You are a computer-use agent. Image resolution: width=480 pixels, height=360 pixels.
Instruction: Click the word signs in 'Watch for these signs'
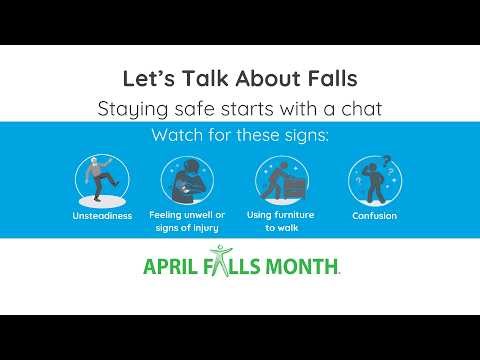coord(302,135)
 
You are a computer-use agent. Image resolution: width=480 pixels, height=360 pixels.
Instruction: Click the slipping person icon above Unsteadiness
coord(101,179)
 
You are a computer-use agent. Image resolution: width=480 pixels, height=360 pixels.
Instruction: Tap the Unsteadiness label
coord(101,215)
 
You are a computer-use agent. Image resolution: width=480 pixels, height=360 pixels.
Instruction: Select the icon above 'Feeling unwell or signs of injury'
coord(187,180)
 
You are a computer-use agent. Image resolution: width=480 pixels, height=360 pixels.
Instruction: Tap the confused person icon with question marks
coord(374,180)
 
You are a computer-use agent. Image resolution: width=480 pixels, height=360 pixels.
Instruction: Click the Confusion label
coord(374,215)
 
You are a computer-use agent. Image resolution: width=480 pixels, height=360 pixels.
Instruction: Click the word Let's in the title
coord(141,77)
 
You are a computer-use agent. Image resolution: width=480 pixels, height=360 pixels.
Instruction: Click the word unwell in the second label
coord(198,214)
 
